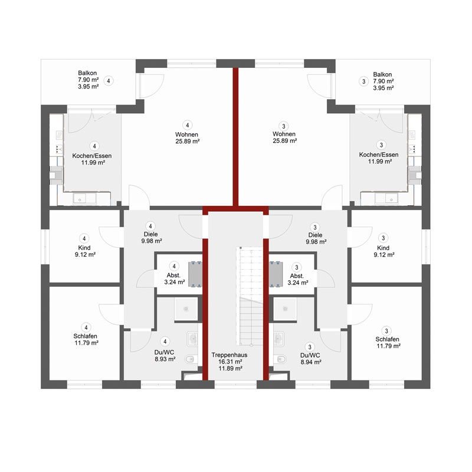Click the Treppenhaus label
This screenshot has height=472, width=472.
click(230, 355)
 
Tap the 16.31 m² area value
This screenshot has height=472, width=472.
click(230, 362)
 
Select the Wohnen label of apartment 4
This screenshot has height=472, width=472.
click(186, 135)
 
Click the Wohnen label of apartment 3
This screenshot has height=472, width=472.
click(284, 134)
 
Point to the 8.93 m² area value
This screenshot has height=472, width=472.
click(165, 359)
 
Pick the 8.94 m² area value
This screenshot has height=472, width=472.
click(311, 362)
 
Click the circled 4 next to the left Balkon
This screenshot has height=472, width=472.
click(109, 81)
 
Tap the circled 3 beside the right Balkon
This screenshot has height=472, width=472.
click(363, 81)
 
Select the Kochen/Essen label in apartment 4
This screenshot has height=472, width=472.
click(92, 156)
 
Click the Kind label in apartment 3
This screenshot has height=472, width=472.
click(383, 248)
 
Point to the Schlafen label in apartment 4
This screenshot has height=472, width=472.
click(85, 336)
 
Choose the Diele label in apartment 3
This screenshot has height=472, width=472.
click(315, 235)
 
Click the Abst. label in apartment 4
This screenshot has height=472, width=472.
click(173, 276)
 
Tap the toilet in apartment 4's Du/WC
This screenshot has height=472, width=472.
click(190, 359)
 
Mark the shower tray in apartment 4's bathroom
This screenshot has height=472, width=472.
click(186, 309)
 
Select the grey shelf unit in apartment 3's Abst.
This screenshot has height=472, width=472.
click(276, 274)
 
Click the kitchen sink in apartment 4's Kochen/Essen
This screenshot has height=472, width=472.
click(84, 199)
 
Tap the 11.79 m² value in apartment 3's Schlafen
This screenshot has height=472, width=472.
click(388, 346)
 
